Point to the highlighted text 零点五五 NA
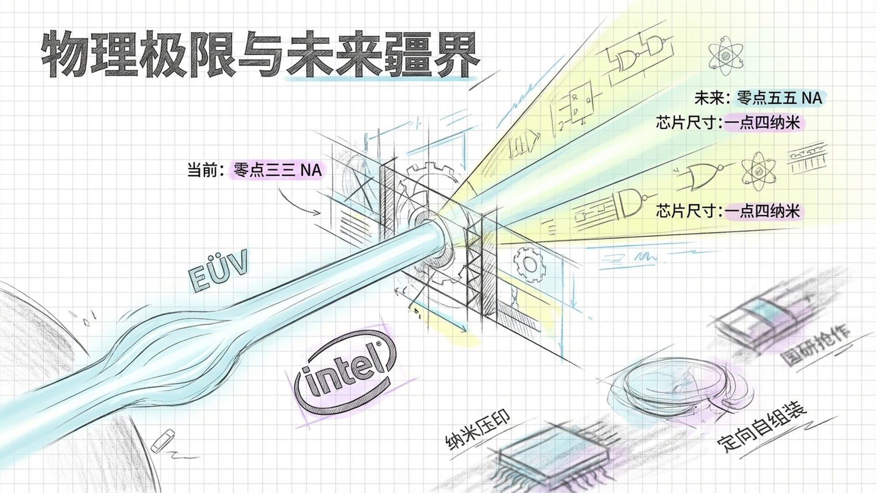point(779,98)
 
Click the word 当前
point(201,170)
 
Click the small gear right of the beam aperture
point(529,263)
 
